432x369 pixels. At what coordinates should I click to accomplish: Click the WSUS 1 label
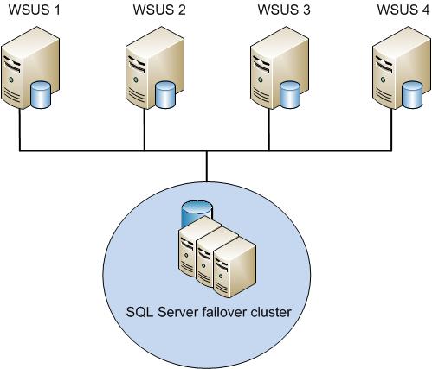click(35, 10)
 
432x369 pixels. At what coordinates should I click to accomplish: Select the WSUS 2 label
click(159, 10)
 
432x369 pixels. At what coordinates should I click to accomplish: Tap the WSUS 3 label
click(284, 10)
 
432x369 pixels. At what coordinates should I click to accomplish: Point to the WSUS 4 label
click(403, 10)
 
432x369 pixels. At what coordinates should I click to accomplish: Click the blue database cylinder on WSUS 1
click(41, 95)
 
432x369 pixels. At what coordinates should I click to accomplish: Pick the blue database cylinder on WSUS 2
click(165, 95)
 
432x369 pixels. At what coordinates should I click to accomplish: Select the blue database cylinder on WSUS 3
click(290, 95)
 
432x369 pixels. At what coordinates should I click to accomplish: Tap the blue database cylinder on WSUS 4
click(412, 95)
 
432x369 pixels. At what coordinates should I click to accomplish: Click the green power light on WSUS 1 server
click(11, 80)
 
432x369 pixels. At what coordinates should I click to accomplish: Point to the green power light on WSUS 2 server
click(136, 80)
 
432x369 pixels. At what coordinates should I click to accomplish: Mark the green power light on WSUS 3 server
click(261, 80)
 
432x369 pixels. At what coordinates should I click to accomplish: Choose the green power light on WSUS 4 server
click(383, 80)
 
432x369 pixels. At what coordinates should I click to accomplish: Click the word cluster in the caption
click(270, 312)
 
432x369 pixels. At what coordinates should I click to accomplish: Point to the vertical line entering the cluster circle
click(207, 166)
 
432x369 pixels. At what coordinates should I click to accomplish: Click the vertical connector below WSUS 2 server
click(144, 130)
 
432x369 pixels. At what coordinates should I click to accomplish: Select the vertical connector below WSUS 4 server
click(391, 130)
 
